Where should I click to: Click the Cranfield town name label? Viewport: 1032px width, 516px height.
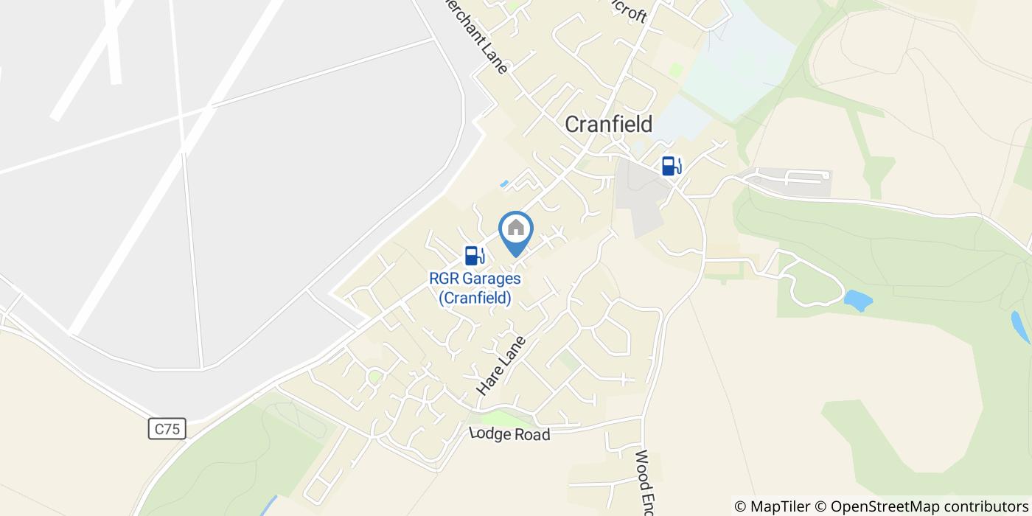(x=608, y=125)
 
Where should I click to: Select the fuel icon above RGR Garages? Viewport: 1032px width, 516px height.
(x=474, y=255)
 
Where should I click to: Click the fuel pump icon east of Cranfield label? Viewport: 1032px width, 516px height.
(x=671, y=165)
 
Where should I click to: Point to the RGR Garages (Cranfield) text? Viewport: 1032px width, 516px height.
(x=475, y=288)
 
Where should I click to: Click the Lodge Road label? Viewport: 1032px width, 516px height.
(x=509, y=434)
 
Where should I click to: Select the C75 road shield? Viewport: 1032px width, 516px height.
(x=167, y=429)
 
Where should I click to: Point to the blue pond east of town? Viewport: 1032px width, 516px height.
(x=858, y=300)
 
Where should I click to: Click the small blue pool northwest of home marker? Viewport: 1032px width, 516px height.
(x=504, y=183)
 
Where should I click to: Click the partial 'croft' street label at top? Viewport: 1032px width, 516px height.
(x=631, y=13)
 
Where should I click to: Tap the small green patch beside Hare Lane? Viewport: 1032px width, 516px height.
(x=567, y=360)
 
